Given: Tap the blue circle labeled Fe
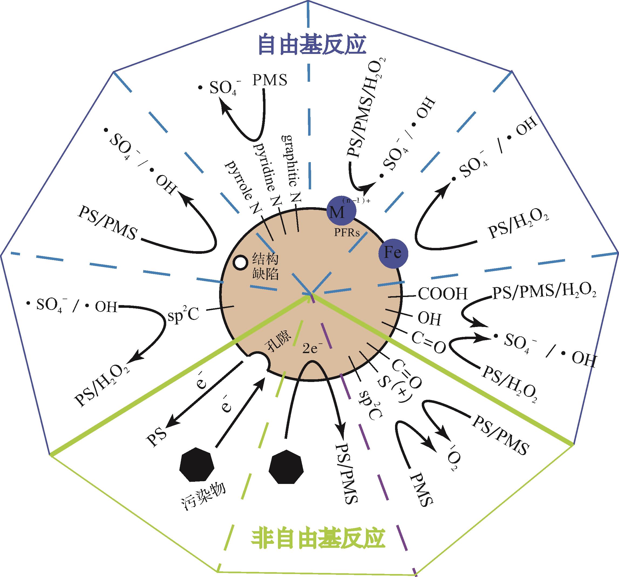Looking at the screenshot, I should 393,253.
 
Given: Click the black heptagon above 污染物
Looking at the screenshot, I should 197,464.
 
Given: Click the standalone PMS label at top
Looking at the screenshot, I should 269,80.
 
